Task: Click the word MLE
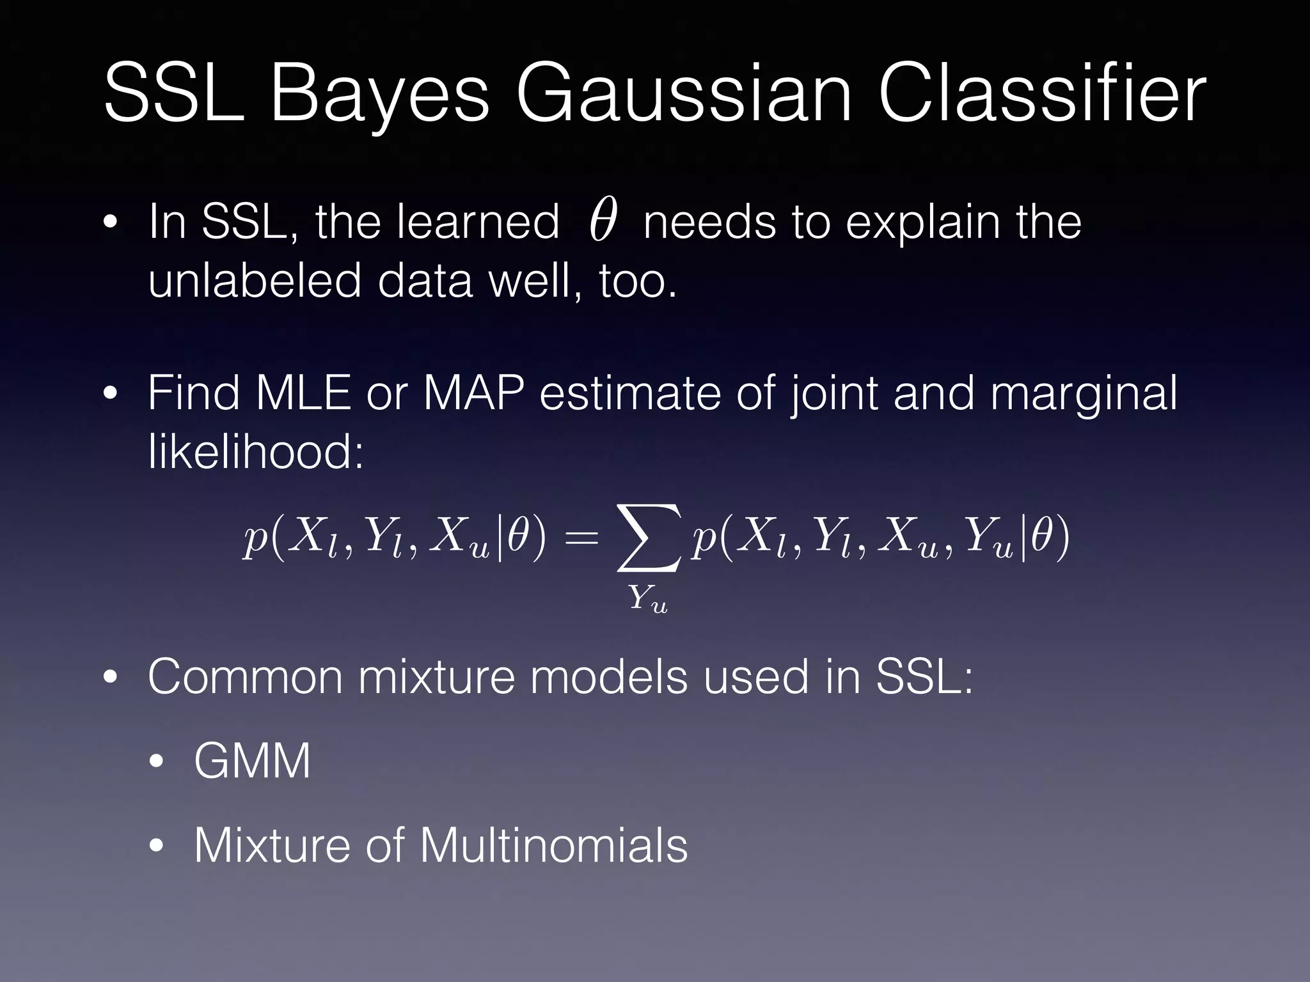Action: [303, 393]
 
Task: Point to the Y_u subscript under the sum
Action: [647, 600]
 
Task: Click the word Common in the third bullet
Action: [244, 676]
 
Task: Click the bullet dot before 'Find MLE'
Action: [111, 394]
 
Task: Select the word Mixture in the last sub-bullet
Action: [272, 845]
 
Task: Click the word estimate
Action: [629, 393]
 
